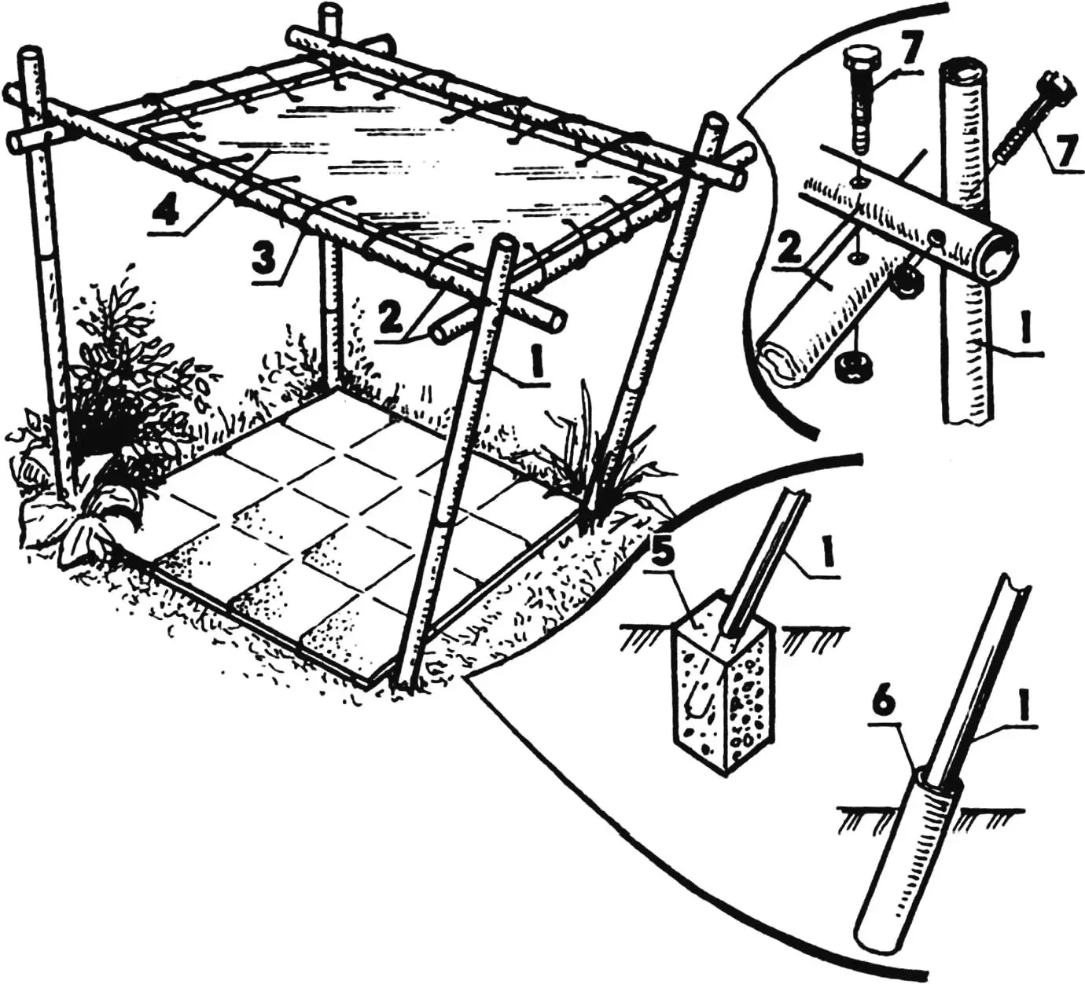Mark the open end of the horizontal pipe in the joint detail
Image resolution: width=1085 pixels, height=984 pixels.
click(x=999, y=257)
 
